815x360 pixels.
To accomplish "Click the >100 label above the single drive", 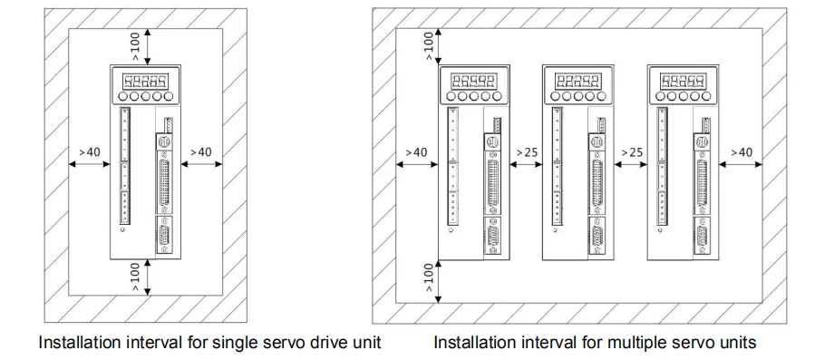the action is (x=135, y=46).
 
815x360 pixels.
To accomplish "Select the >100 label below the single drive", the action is (x=135, y=277).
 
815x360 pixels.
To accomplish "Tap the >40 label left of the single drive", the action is (x=90, y=152).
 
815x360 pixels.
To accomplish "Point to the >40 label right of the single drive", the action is (x=201, y=152).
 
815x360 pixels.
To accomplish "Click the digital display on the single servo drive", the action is (x=145, y=81).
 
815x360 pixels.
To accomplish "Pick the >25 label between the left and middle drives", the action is (x=527, y=152).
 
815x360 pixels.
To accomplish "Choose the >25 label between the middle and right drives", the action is (x=632, y=152).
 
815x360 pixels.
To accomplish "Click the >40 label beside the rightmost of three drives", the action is (x=742, y=152).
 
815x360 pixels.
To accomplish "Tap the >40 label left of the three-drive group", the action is (x=416, y=152).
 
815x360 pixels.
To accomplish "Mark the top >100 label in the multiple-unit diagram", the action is (x=428, y=45).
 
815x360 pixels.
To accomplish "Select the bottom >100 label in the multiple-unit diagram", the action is (x=428, y=277).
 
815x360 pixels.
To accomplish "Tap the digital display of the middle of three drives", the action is (x=578, y=81).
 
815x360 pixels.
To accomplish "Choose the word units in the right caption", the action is (x=734, y=343).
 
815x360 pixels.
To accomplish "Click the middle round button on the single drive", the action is (x=146, y=96).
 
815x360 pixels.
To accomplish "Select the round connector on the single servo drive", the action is (x=164, y=141).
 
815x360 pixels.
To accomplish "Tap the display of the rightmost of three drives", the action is (x=683, y=81).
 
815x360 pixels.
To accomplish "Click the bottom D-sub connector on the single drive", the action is (x=164, y=236).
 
